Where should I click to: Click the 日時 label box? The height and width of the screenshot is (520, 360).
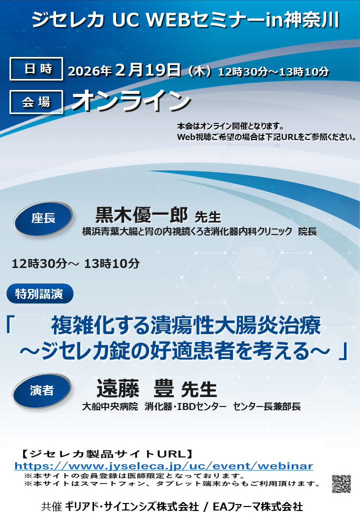(36, 68)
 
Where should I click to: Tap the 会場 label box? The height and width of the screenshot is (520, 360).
(36, 102)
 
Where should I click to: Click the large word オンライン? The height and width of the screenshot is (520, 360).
(131, 100)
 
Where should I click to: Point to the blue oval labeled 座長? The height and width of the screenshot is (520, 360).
(43, 219)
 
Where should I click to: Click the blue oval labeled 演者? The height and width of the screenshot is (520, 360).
(42, 390)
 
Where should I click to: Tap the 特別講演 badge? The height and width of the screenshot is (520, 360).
(40, 293)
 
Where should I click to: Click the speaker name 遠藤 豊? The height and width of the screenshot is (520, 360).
(135, 388)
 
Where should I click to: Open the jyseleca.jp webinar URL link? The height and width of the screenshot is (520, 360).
(164, 466)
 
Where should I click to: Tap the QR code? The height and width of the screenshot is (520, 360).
(341, 484)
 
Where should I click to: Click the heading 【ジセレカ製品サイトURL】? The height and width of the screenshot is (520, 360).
(107, 453)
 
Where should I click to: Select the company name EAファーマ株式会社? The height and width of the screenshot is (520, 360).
(258, 506)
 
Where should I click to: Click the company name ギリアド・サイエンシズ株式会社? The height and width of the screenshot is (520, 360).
(132, 506)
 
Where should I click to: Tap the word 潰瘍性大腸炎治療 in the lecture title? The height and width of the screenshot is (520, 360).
(235, 325)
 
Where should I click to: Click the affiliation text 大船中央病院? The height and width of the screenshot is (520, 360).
(110, 406)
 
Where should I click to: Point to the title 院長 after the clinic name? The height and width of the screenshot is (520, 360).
(307, 231)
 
